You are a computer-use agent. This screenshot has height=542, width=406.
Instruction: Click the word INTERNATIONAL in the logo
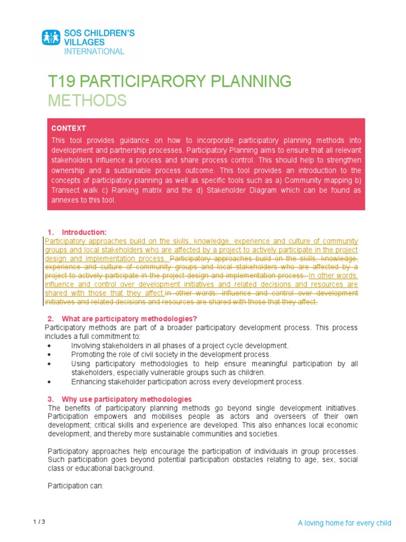(x=94, y=51)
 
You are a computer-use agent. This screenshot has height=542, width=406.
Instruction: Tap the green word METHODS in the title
(x=87, y=100)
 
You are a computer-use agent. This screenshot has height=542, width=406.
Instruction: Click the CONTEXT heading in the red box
(x=69, y=128)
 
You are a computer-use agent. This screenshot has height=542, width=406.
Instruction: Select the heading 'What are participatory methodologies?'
(x=129, y=319)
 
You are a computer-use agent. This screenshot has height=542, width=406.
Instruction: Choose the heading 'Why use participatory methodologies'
(x=126, y=399)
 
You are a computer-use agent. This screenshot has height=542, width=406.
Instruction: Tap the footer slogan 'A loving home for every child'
(x=344, y=523)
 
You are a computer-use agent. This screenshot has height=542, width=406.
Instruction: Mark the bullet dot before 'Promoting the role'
(x=49, y=355)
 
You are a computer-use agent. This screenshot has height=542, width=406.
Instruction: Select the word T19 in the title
(x=59, y=82)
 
